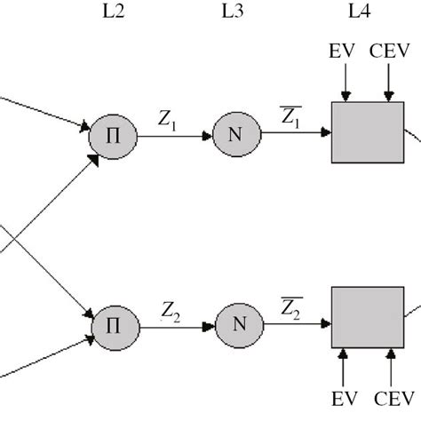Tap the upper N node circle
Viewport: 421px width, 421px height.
[x=234, y=135]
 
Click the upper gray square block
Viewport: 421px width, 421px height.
[x=361, y=133]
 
